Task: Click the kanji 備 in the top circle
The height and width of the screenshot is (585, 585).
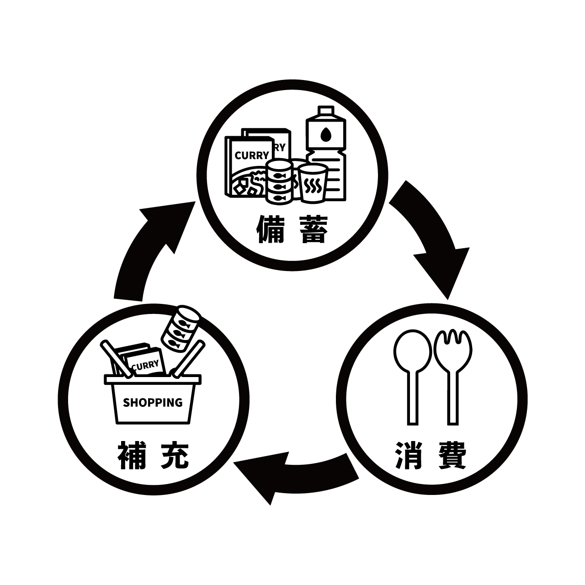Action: point(270,229)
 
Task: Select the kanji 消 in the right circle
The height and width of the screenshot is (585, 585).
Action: point(409,455)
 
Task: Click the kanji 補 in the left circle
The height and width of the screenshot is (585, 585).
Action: point(132,455)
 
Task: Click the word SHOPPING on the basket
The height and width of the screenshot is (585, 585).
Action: point(153,403)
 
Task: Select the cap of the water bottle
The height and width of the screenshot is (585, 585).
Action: point(325,112)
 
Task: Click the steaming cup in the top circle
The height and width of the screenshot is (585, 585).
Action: point(313,183)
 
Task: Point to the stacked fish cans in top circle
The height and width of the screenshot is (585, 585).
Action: point(279,181)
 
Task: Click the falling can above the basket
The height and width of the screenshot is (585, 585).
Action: point(181,328)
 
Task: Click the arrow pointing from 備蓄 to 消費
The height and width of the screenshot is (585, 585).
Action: point(430,238)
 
